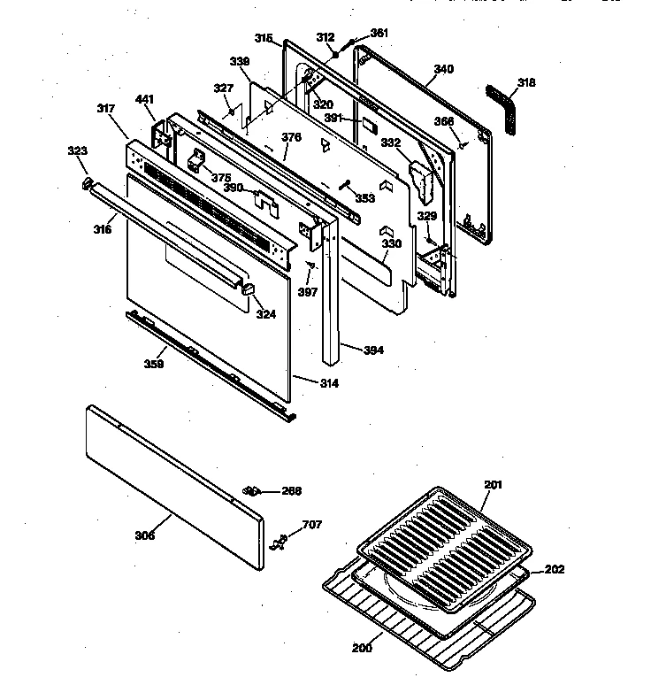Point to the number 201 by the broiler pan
click(493, 484)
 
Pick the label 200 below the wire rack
click(361, 648)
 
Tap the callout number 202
click(554, 569)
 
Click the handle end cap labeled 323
click(88, 183)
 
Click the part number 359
click(154, 362)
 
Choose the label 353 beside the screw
click(364, 197)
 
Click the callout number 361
click(379, 33)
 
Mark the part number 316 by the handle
click(103, 229)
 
